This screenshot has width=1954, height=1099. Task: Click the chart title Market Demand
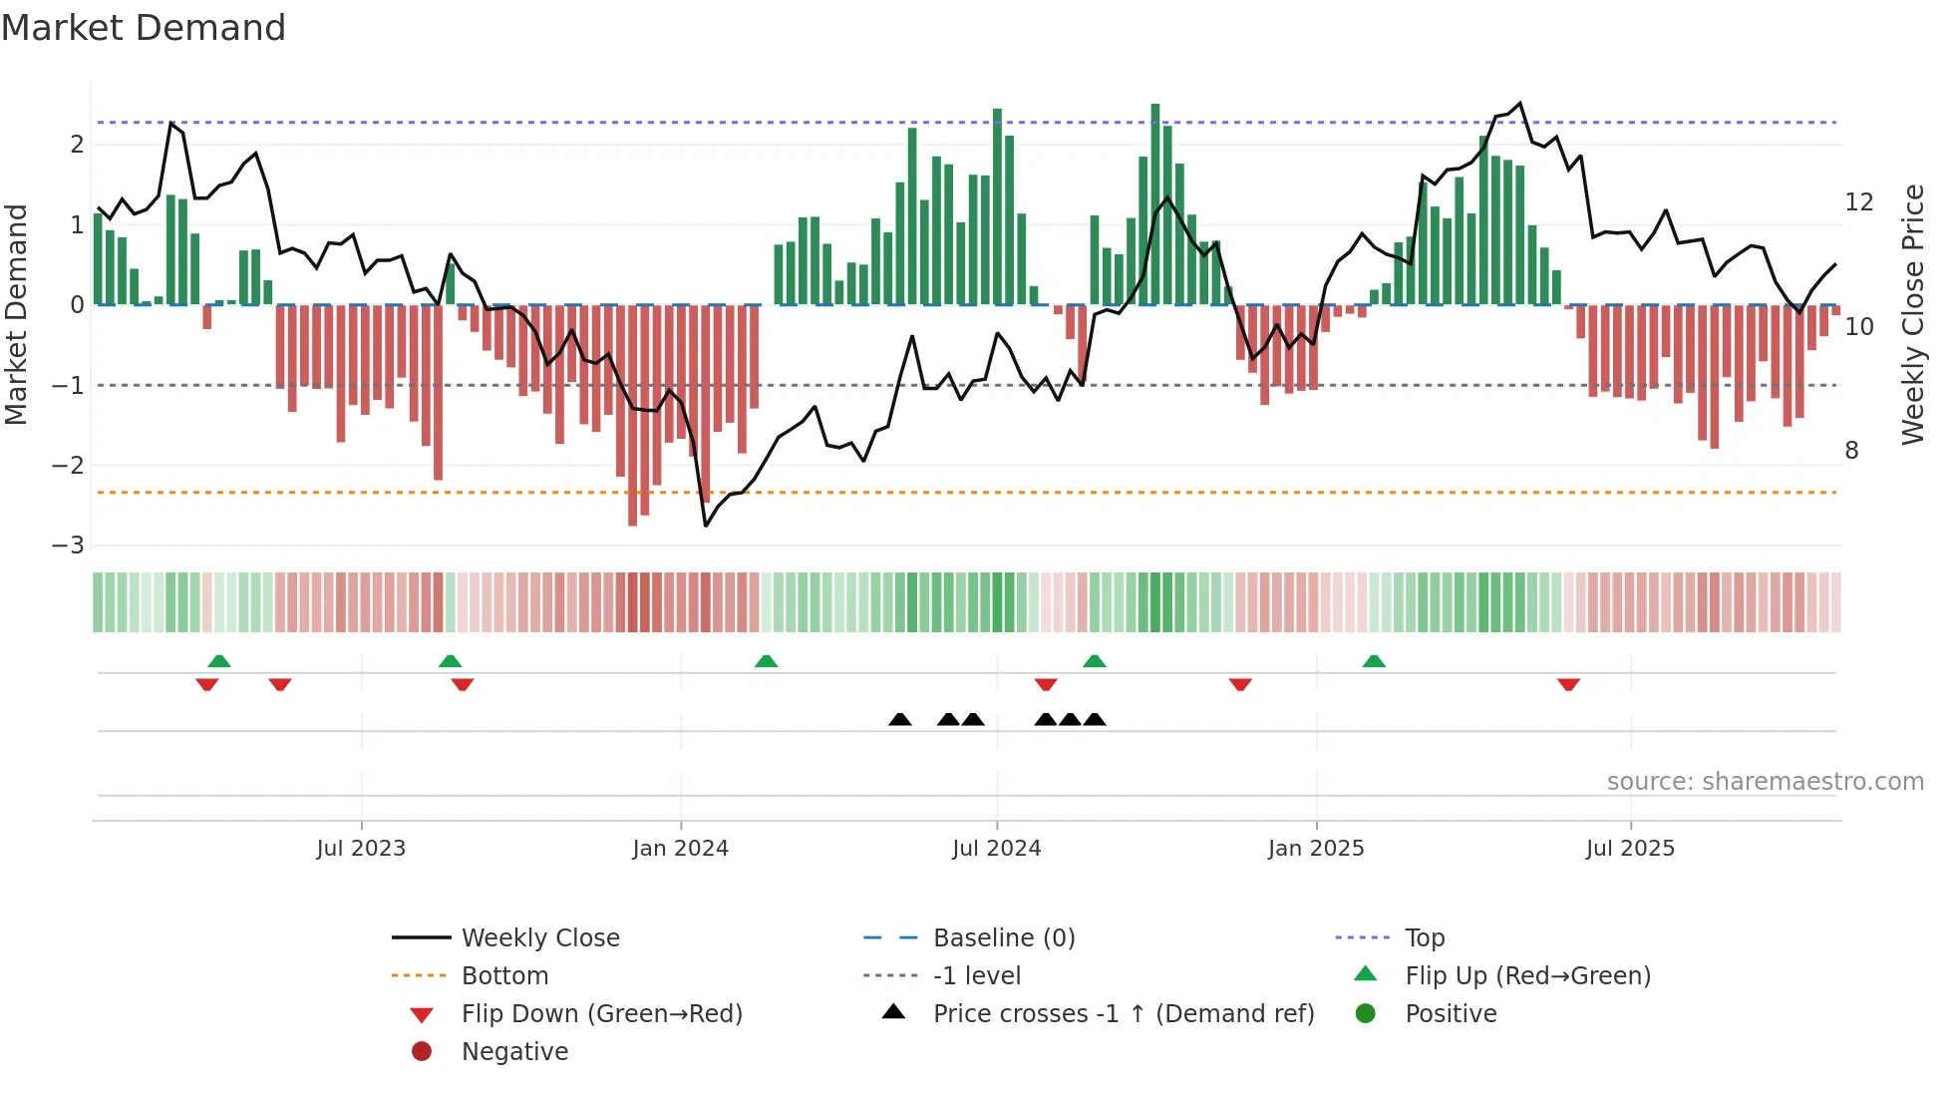144,28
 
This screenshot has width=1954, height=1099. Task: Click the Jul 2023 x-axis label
361,849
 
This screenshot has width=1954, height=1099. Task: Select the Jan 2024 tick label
681,849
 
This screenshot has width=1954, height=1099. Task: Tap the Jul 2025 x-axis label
1630,849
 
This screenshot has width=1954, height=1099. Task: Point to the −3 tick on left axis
68,546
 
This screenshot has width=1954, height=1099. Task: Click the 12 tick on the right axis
1858,202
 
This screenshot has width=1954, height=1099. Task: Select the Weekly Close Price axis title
1912,314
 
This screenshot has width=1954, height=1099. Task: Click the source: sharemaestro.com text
1765,782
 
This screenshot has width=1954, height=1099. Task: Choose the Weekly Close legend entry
539,938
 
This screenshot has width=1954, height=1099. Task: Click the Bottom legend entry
504,976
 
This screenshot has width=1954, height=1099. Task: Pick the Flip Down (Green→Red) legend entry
601,1014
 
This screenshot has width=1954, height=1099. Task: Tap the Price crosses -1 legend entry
1123,1014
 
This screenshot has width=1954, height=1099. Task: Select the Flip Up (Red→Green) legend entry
1527,976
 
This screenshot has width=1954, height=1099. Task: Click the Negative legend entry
514,1052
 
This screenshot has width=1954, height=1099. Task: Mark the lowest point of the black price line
706,526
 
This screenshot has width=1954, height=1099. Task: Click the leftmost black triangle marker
899,720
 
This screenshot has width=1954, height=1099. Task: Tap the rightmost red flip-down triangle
1568,684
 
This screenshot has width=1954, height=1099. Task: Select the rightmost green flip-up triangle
1374,661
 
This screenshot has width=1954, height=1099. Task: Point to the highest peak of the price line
1519,103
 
